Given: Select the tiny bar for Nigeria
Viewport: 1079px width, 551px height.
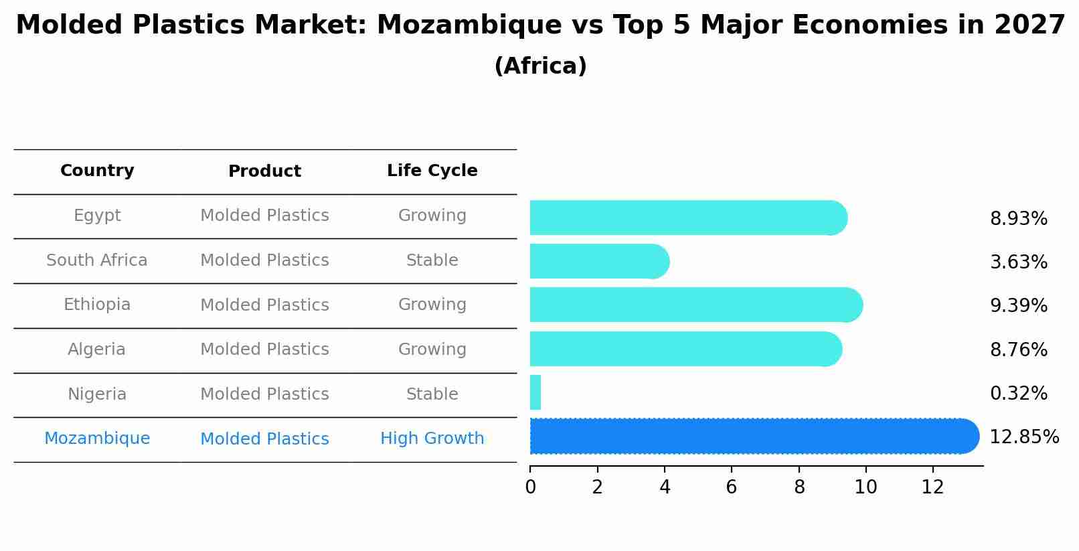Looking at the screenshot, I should click(x=535, y=392).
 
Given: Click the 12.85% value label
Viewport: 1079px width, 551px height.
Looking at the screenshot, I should click(x=1023, y=437).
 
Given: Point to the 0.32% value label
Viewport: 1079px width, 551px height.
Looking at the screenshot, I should click(x=1018, y=394).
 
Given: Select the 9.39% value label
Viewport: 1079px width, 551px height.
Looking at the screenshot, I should click(x=1018, y=306).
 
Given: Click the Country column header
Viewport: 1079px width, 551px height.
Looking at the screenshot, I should click(x=97, y=171).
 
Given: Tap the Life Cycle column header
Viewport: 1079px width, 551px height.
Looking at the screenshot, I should click(x=432, y=171).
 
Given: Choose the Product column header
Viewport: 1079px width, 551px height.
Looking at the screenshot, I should click(x=264, y=171).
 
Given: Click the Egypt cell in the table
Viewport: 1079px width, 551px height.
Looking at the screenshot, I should click(x=97, y=216).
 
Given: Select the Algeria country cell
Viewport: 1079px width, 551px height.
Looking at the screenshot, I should click(x=96, y=349).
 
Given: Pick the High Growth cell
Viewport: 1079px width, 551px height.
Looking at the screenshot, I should click(x=432, y=439).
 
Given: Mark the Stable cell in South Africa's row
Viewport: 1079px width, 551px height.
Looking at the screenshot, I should click(x=432, y=260).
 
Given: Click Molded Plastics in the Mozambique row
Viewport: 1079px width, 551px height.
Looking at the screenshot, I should click(x=264, y=439).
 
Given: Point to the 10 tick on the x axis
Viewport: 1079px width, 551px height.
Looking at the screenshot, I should click(x=865, y=487).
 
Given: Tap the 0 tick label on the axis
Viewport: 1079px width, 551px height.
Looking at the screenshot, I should click(x=530, y=487).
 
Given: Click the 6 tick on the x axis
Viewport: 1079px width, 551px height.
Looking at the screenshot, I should click(x=731, y=487).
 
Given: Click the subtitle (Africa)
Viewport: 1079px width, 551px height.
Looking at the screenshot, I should click(x=540, y=66).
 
